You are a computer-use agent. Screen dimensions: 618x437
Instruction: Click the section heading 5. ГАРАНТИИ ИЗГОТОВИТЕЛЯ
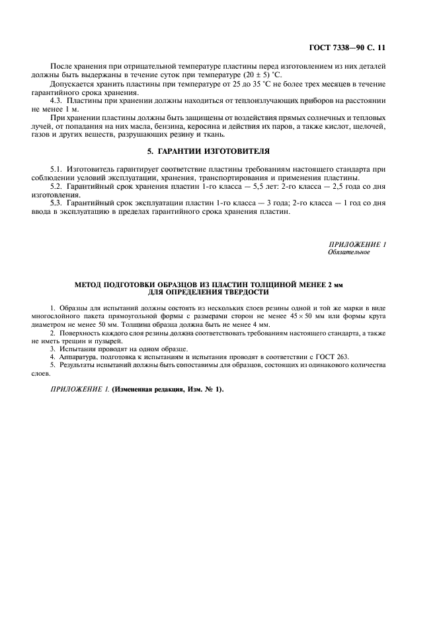218,150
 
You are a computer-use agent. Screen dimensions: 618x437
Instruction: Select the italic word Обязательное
348,252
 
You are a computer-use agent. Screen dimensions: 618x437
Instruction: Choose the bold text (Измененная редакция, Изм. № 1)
169,389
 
